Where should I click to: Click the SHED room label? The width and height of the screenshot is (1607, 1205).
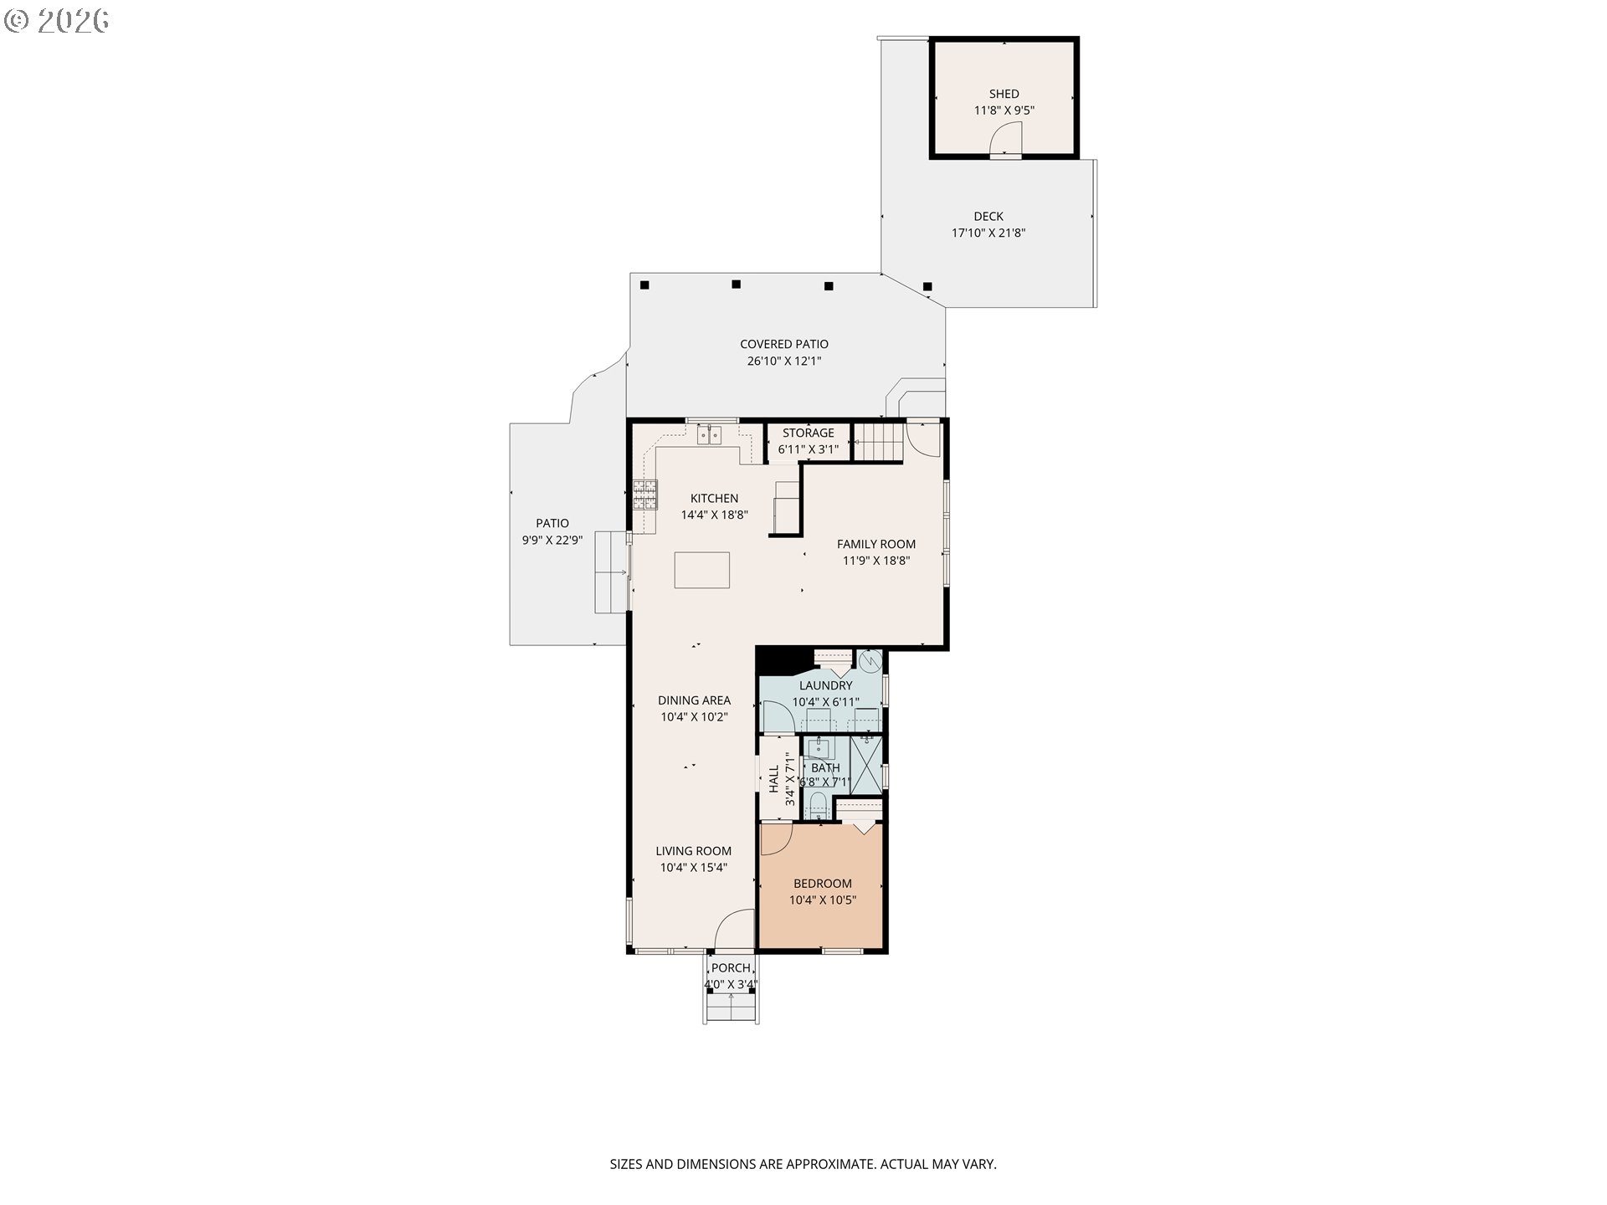(x=1004, y=94)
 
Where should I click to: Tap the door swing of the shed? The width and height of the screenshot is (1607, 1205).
(x=1007, y=139)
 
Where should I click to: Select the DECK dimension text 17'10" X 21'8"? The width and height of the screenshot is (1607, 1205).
(x=988, y=233)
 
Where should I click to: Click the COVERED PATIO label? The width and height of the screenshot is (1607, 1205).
(x=784, y=344)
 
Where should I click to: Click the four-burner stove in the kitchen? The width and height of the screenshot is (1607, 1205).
(x=645, y=495)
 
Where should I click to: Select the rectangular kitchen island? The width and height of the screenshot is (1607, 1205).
(x=702, y=570)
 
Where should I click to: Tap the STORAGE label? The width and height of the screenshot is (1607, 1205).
(x=809, y=433)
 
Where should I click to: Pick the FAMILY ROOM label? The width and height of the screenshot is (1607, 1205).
(x=876, y=544)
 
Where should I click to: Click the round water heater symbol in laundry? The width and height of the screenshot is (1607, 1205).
(x=870, y=661)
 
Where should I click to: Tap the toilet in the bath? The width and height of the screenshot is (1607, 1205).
(x=817, y=807)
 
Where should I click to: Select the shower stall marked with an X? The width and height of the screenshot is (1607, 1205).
(x=866, y=763)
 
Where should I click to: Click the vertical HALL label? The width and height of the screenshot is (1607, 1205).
(x=774, y=779)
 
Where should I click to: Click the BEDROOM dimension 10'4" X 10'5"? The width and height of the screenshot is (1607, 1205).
(x=823, y=900)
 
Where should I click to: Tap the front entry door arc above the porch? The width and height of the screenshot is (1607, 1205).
(x=734, y=929)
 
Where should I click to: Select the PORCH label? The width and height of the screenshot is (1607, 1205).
(x=731, y=968)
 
